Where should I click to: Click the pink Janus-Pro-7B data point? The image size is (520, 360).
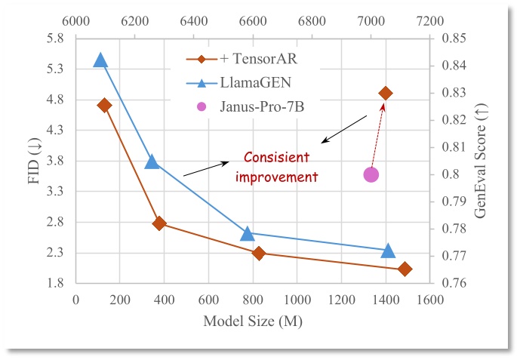[x=371, y=174]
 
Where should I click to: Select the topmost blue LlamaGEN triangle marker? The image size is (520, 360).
[x=100, y=60]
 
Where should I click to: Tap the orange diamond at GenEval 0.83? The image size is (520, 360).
[x=386, y=93]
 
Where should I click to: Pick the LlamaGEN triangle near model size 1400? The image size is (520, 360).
[x=389, y=251]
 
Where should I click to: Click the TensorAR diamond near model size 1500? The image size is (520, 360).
[x=405, y=269]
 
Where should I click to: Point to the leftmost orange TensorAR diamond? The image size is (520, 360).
[x=105, y=105]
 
